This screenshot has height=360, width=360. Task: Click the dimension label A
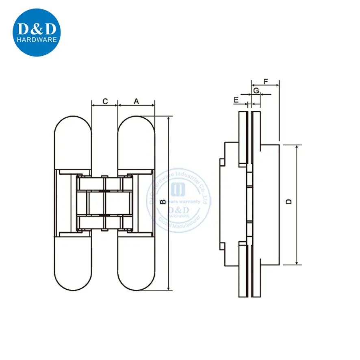coord(136,101)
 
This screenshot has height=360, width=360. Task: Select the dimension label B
coord(163,202)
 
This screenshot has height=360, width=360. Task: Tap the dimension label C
coord(104,101)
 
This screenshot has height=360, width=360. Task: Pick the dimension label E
coord(236,99)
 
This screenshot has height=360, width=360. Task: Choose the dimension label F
coord(265,81)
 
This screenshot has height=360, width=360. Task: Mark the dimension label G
coord(256,90)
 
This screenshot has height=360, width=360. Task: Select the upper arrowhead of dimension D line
coord(298,147)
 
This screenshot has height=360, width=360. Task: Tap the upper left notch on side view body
coord(222,162)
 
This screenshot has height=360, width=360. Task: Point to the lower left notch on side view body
coord(222,246)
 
